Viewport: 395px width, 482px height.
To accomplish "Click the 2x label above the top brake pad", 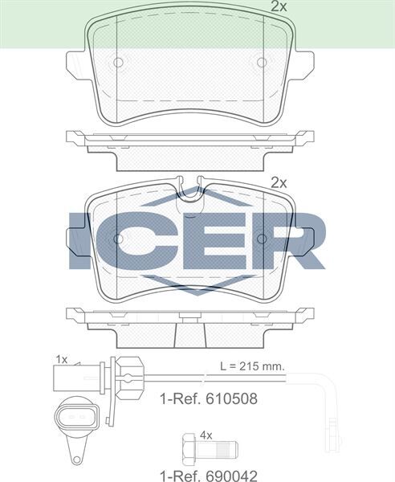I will click(278, 6).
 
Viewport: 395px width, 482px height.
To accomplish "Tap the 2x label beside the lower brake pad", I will click(278, 182).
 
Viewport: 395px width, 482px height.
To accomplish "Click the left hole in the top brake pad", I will click(117, 62).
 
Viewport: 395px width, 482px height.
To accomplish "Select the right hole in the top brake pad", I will click(261, 62).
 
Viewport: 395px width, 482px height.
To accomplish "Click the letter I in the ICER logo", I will click(80, 240).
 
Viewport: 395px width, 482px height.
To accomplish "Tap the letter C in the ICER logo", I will click(136, 240).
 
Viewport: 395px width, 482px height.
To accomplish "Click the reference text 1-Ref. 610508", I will click(209, 398).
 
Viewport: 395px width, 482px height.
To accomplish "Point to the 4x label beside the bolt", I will click(206, 435).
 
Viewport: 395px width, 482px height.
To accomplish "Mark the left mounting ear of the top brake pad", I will click(76, 62).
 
